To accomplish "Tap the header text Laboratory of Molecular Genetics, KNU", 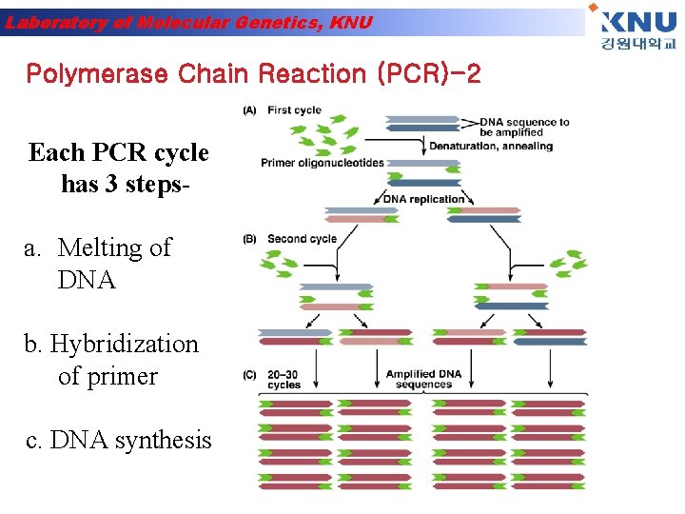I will point(187,23).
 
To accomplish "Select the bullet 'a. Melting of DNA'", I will point(97,264).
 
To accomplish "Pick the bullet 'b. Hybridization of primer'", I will point(112,360).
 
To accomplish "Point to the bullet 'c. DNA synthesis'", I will point(119,440).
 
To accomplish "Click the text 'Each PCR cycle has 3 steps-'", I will point(119,167).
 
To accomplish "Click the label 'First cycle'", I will point(294,110).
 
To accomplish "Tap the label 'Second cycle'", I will point(302,239).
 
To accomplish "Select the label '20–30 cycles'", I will point(284,380).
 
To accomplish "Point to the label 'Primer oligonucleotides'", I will point(323,163).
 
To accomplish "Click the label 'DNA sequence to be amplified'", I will point(524,127).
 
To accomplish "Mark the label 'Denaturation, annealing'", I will point(490,146).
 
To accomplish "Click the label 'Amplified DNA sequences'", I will point(423,379).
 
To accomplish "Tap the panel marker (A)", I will point(249,110).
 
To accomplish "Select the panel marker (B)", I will point(249,239).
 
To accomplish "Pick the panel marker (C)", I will point(249,375).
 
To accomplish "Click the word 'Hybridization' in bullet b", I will point(124,344).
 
